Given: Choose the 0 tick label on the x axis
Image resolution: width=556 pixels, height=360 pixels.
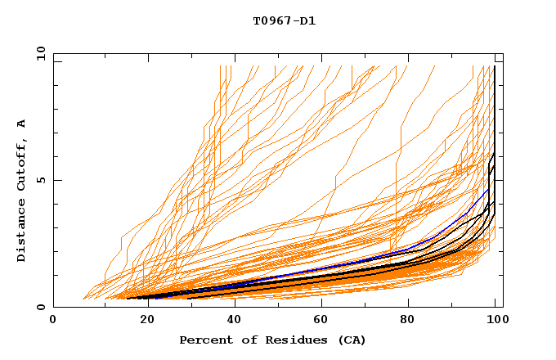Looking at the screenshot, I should click(x=54, y=320).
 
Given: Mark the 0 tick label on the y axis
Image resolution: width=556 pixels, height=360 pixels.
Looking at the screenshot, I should click(x=40, y=308).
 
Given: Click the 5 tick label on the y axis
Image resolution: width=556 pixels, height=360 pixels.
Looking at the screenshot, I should click(x=40, y=181).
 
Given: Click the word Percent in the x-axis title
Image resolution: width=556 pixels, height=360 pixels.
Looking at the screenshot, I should click(x=204, y=340).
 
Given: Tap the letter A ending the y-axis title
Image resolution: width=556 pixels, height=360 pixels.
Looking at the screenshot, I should click(x=22, y=124).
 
